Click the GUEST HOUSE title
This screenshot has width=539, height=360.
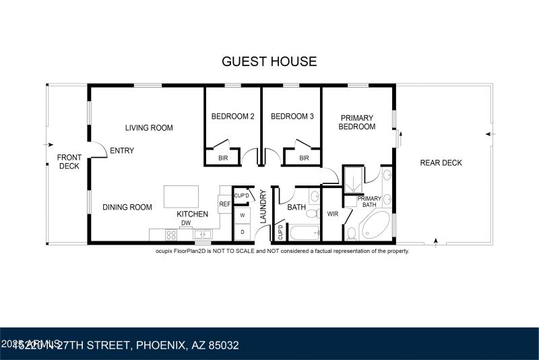tap(269, 61)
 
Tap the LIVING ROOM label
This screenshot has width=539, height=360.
tap(149, 127)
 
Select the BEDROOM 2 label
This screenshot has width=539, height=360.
tap(232, 116)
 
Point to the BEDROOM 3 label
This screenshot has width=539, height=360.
tap(292, 116)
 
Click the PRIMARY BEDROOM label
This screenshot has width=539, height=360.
tap(356, 122)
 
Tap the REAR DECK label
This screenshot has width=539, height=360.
tap(441, 162)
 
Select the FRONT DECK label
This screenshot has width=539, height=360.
tap(69, 162)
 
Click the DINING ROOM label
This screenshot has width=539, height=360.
tap(127, 207)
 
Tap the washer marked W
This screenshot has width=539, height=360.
tap(242, 216)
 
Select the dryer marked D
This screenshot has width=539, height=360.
tap(242, 232)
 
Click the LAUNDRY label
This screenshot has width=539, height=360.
tap(263, 207)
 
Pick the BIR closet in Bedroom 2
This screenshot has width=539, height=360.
tap(222, 158)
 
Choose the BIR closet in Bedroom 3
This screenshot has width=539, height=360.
tap(304, 158)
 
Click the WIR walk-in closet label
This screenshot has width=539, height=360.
tap(332, 214)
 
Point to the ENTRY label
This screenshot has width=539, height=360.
tap(122, 150)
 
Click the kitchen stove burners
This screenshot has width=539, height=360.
tap(172, 235)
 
